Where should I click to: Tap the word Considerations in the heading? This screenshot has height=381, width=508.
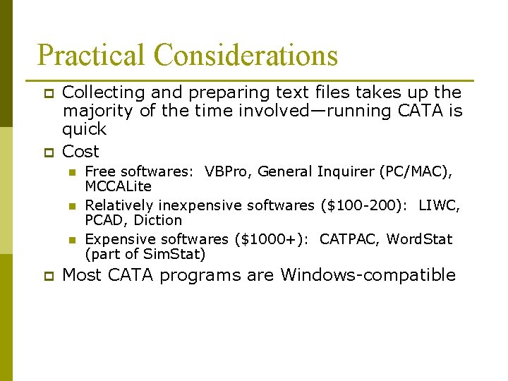tap(246, 56)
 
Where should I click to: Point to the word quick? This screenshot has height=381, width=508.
tap(84, 129)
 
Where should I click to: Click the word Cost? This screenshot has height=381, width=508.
tap(80, 151)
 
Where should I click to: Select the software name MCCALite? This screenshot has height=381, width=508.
tap(118, 186)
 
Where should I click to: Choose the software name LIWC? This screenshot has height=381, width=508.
tap(439, 205)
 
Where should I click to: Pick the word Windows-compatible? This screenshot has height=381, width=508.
tap(368, 274)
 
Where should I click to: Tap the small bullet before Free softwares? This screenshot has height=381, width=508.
tap(71, 172)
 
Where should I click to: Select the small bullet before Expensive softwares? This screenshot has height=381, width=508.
tap(71, 240)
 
